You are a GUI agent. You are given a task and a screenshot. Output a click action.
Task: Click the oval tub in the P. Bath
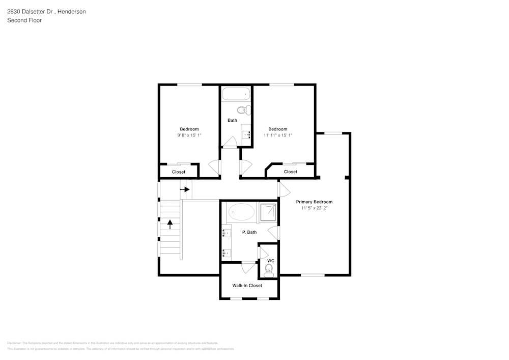coord(241,211)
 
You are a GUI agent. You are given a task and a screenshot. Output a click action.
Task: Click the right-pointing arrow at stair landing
coord(185,189)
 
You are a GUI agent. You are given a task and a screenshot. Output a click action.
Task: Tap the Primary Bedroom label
coord(314,202)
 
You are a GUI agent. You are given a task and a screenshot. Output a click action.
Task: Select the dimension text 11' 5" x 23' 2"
coord(314,208)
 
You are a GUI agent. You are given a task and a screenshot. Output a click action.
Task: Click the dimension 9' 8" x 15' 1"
coord(189,135)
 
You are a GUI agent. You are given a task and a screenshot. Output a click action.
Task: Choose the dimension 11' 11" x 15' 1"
coord(278,135)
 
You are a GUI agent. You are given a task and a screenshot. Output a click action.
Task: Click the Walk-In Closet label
coord(247,286)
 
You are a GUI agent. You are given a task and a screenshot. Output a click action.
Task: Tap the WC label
coord(271,261)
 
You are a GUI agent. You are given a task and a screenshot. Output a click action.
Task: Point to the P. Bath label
coord(249,232)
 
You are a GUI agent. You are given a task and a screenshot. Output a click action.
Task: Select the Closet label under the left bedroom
coord(179,172)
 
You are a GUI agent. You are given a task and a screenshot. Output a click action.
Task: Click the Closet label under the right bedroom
coord(291,172)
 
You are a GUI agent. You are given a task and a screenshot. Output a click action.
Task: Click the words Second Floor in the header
coord(24,20)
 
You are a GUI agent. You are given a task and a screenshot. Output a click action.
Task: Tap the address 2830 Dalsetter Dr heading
coord(46,11)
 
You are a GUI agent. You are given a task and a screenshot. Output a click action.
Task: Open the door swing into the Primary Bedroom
coord(283,189)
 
